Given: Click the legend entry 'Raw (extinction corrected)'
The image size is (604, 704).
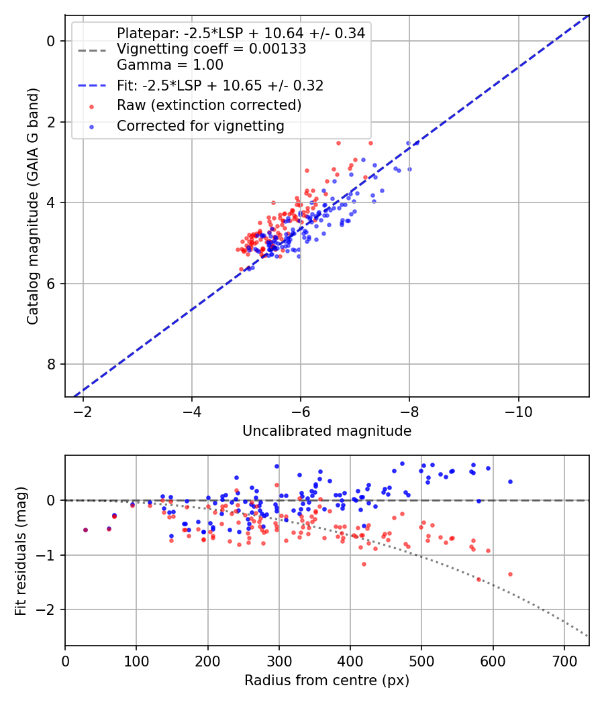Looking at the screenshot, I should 209,105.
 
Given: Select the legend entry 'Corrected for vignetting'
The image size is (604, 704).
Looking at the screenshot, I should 200,125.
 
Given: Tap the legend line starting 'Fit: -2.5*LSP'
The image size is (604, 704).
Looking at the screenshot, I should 220,85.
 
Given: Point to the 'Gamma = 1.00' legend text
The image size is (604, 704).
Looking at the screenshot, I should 170,65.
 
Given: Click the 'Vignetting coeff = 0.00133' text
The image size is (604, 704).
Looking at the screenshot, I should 211,49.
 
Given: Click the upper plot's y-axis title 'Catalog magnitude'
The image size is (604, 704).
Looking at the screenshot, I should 33,206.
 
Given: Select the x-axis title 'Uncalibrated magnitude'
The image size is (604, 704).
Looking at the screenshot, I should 327,431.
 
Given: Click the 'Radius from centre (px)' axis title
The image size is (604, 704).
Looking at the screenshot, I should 327,681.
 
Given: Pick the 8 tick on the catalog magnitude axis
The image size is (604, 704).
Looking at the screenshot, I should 50,364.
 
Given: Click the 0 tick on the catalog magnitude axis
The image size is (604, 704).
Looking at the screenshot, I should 50,41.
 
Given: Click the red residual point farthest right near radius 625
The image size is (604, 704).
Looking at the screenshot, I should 510,574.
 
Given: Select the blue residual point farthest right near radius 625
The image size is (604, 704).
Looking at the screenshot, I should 510,481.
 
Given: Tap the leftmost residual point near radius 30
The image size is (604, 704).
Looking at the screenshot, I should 85,530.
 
